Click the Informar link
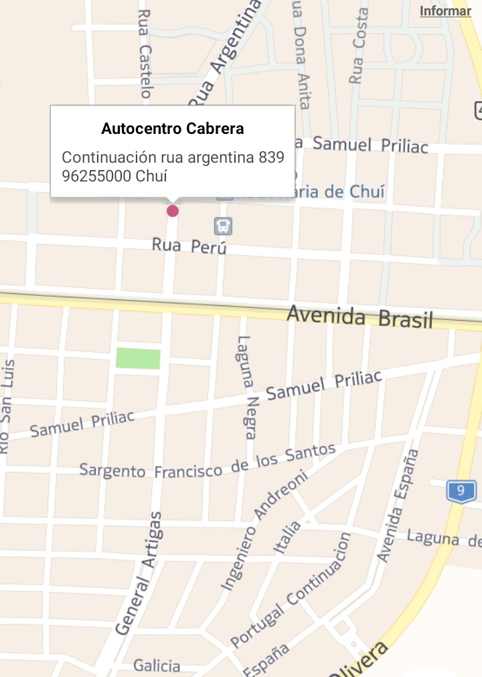(445, 11)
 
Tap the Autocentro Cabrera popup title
(172, 128)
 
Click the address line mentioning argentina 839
(173, 158)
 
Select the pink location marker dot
(173, 211)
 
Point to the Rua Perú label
(189, 246)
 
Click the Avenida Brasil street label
(360, 317)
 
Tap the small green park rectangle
(138, 358)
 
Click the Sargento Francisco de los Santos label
(207, 461)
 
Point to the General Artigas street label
(139, 573)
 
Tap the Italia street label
(287, 536)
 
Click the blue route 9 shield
(461, 491)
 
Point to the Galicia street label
(157, 666)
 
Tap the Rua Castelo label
(145, 54)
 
